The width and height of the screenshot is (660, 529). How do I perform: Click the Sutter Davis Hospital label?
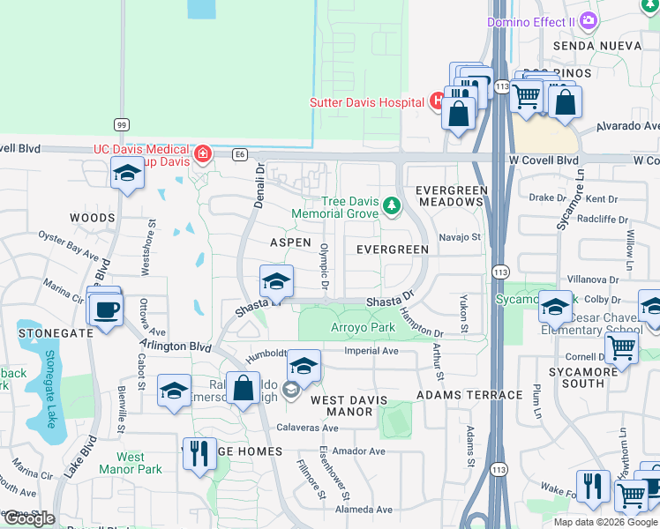point(367,102)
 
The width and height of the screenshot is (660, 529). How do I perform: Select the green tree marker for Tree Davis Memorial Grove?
point(391,207)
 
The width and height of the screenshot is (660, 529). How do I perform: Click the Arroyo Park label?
point(363,327)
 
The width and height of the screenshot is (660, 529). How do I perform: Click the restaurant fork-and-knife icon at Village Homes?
point(199,454)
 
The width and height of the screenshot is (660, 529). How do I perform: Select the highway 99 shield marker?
point(121,126)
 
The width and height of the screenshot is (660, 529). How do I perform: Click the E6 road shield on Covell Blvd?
point(240,154)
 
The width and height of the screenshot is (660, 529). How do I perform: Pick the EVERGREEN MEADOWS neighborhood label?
point(451,196)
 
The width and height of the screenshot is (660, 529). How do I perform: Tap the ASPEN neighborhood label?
point(290,242)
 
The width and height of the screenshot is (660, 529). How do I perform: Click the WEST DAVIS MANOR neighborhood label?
point(349,406)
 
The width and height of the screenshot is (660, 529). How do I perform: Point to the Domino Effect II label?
point(529,21)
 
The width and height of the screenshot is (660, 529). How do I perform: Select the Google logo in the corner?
point(28,518)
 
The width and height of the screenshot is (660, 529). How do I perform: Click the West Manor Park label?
point(131,463)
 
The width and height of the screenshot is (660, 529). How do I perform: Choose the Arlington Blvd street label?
point(176,346)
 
